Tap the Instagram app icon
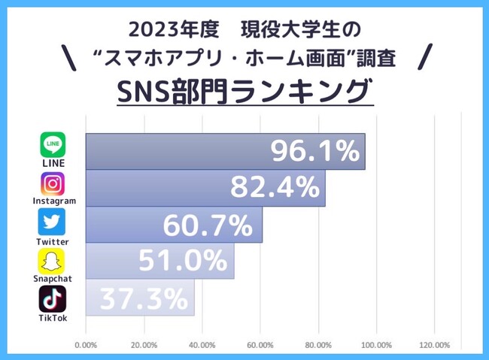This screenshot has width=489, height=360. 53,183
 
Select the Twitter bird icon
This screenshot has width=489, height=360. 52,222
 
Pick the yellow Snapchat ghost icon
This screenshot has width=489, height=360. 52,262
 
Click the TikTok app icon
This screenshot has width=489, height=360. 52,298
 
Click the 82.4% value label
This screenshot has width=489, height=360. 275,188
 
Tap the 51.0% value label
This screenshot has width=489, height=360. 183,261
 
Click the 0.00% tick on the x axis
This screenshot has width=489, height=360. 86,345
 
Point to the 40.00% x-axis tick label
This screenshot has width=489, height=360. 202,345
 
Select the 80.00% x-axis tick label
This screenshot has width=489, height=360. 317,345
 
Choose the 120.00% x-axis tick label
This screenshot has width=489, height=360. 434,345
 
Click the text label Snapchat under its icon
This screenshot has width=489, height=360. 52,280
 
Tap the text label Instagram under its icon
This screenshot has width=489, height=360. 53,201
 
